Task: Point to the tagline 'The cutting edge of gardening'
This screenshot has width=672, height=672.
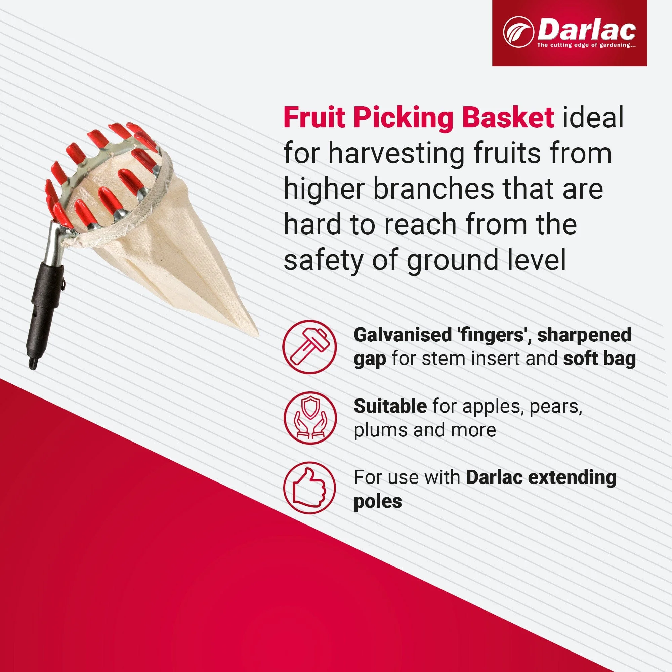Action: point(586,45)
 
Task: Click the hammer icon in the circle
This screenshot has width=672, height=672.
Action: point(309,347)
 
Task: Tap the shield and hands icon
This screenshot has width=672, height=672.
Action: point(309,418)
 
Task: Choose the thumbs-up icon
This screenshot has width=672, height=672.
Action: point(309,487)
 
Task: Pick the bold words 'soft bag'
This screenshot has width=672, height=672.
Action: point(599,359)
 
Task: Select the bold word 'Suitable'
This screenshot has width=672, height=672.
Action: point(390,406)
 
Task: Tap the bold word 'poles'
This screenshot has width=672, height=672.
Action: point(378,502)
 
